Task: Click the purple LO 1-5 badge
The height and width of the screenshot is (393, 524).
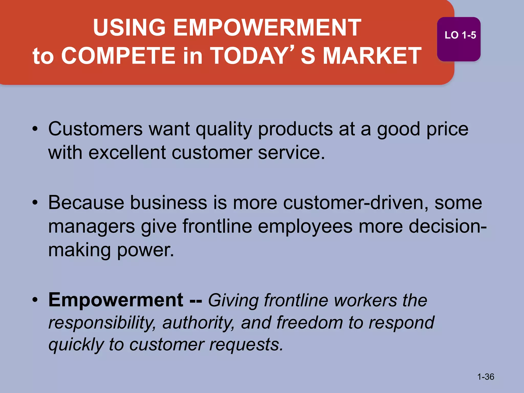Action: point(458,39)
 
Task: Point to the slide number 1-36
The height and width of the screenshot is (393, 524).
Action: point(486,377)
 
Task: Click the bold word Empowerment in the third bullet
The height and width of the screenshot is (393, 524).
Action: point(116,300)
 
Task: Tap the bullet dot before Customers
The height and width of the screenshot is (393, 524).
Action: point(35,129)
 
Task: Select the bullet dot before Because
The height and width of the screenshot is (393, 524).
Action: point(35,203)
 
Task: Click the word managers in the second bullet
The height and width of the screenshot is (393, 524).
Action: point(91,227)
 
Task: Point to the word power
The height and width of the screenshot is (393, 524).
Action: point(145,250)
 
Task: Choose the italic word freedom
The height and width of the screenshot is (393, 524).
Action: point(309,322)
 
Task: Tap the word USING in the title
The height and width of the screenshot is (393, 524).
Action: point(129,28)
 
